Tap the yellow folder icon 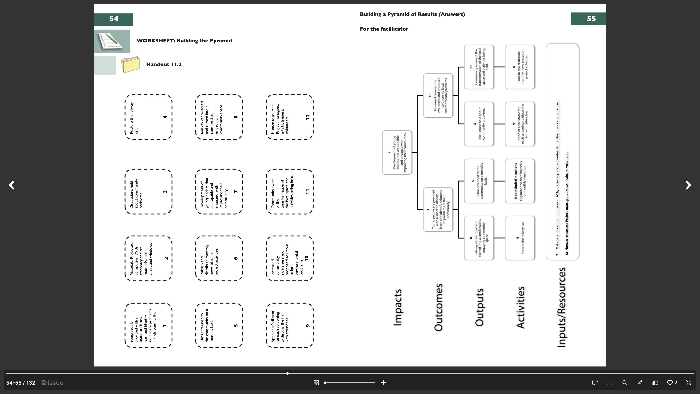point(130,65)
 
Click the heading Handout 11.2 point(164,64)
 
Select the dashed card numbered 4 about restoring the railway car point(148,117)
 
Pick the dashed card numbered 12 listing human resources point(290,117)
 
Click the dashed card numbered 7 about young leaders point(219,192)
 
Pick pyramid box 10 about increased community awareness point(438,95)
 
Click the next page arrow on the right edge point(688,185)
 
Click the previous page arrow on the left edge point(12,185)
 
